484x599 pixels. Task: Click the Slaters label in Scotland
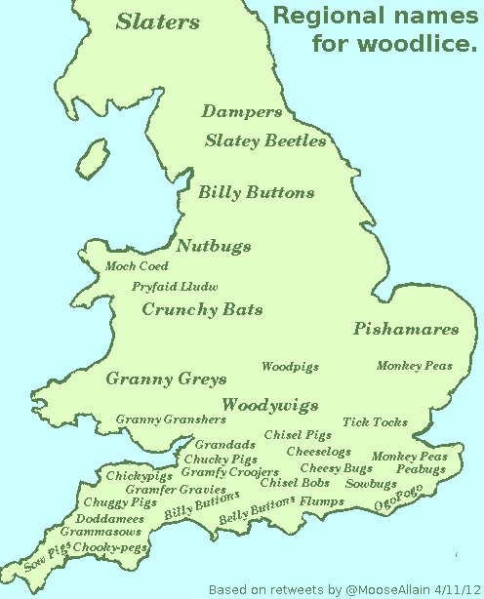point(157,22)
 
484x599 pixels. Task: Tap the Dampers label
point(241,112)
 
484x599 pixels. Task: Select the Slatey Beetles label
point(264,141)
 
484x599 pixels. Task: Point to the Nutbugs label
point(214,247)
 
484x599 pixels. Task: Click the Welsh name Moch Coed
point(137,266)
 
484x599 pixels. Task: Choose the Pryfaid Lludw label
point(175,287)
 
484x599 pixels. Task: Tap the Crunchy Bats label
point(202,310)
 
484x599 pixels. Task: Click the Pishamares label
point(405,329)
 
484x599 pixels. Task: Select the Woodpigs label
point(290,367)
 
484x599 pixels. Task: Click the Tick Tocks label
point(375,422)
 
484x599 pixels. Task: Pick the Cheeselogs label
point(318,452)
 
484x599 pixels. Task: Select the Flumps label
point(322,501)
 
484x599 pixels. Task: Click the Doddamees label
point(109,519)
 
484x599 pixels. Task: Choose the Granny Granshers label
point(171,419)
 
